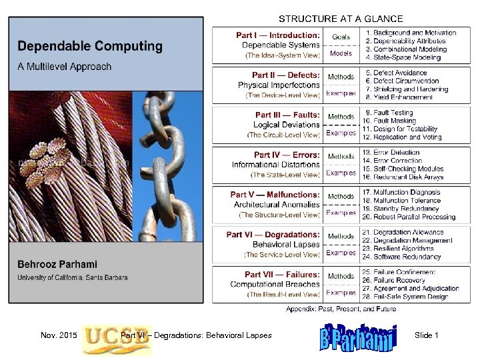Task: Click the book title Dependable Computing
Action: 89,47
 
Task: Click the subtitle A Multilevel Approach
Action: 64,66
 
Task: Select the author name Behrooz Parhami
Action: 55,265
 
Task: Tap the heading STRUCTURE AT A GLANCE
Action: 340,19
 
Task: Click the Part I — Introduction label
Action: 277,35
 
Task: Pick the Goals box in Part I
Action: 341,37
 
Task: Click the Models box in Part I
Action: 341,53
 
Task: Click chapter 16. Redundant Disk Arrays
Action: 403,177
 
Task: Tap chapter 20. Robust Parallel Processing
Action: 409,217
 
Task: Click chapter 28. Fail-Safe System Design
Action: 405,297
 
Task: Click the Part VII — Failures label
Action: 282,275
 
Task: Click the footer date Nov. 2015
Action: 59,335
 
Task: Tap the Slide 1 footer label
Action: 426,335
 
